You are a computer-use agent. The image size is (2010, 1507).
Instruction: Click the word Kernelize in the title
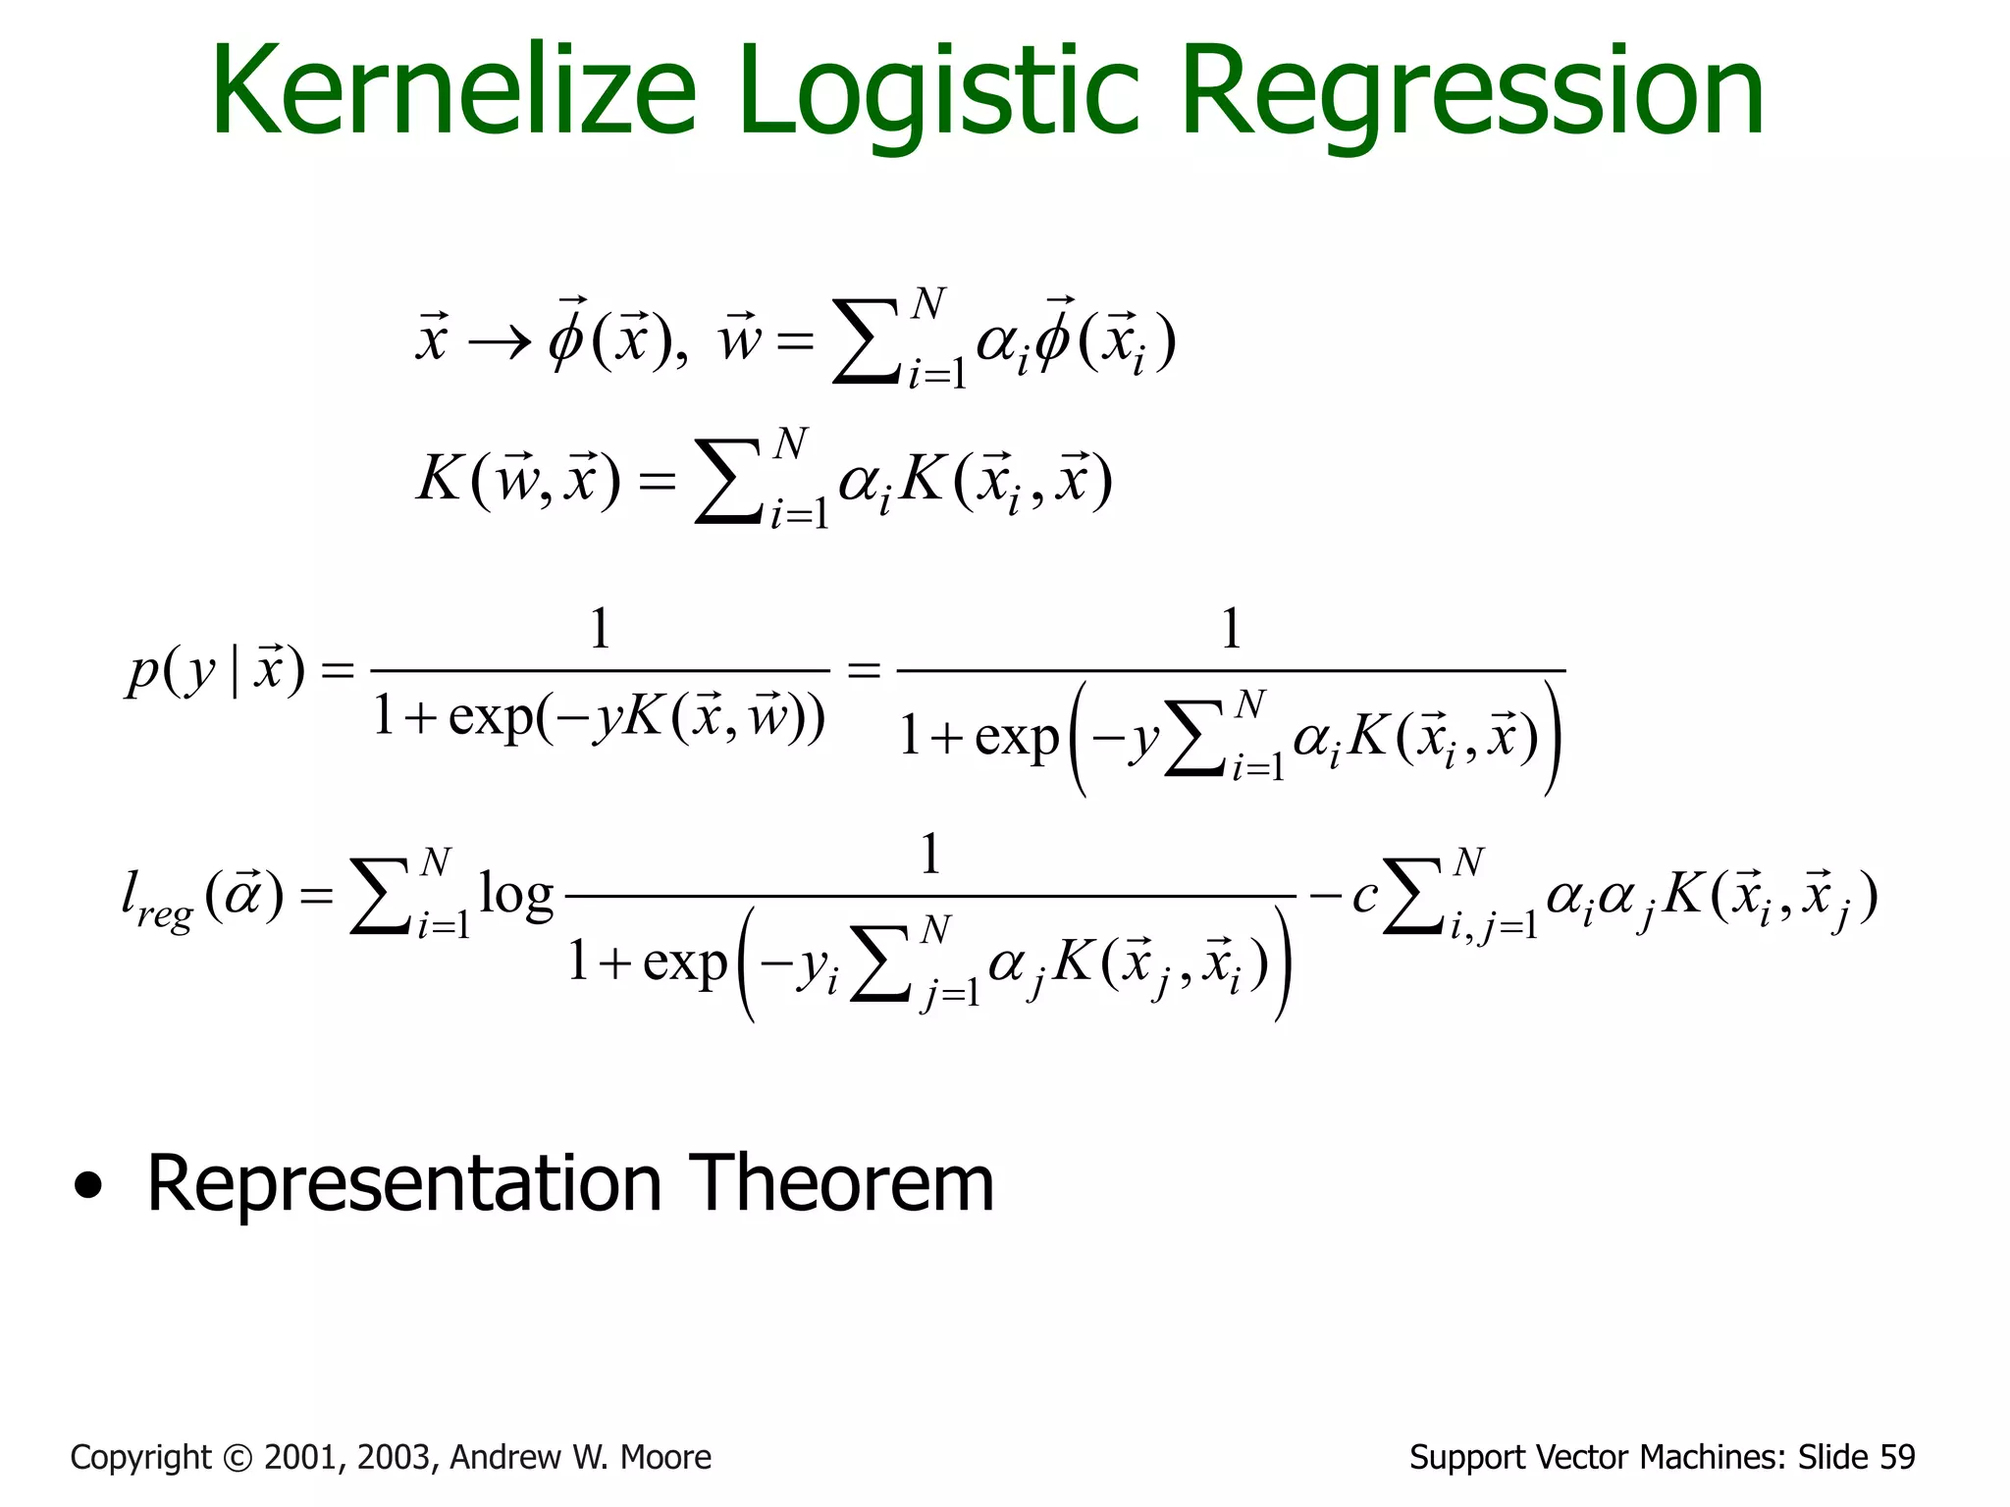(x=453, y=93)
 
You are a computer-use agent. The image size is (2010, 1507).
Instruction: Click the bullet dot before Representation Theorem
(x=88, y=1188)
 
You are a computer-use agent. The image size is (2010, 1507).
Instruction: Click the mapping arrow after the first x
(x=499, y=342)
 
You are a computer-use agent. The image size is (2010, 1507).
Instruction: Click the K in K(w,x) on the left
(x=439, y=481)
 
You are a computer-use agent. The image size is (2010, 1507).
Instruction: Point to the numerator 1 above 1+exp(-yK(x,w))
(x=600, y=629)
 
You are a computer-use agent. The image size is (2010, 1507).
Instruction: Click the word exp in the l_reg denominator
(x=684, y=962)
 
